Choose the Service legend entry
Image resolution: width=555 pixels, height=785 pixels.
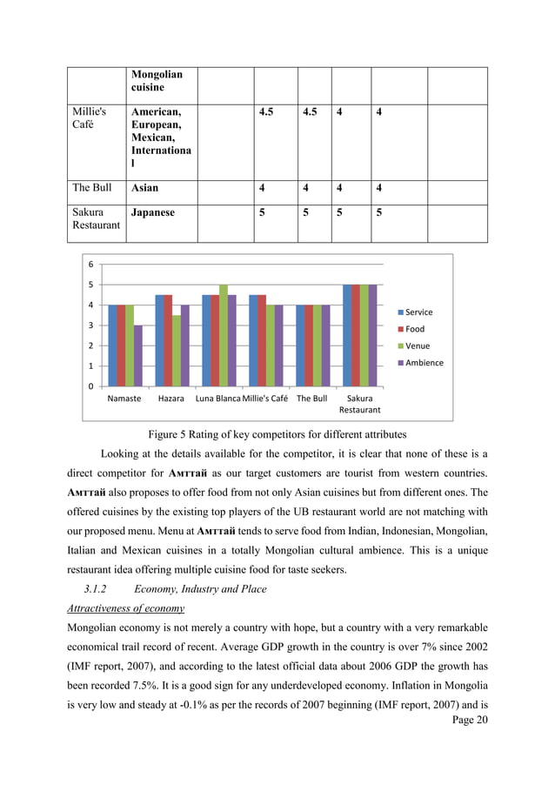coord(418,312)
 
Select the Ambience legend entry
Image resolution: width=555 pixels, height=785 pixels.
coord(423,363)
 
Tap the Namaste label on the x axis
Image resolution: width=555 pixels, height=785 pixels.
coord(124,398)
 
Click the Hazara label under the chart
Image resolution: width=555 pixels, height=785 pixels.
coord(171,398)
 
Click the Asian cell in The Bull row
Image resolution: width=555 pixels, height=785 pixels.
coord(144,187)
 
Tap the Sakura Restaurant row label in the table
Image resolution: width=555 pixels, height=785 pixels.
coord(95,218)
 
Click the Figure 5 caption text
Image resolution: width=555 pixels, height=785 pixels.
coord(277,434)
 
